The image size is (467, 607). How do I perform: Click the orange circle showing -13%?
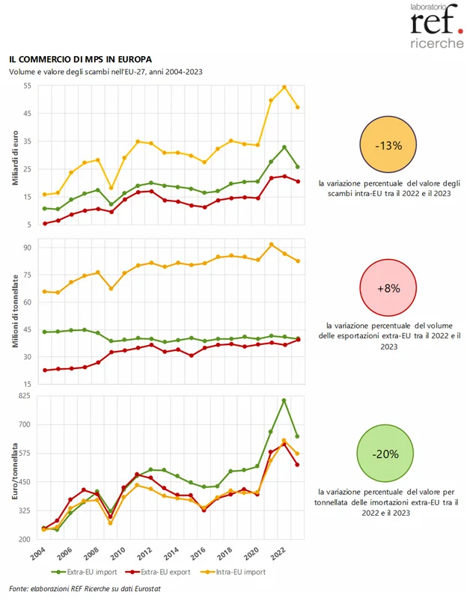point(388,144)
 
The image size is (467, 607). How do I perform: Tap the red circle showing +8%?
point(388,287)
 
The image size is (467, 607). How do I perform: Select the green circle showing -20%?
point(385,453)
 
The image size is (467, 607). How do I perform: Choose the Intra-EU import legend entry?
point(233,572)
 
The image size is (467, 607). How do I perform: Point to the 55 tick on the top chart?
point(27,85)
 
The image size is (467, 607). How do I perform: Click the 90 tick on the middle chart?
point(27,248)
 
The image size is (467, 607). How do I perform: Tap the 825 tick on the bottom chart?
point(25,396)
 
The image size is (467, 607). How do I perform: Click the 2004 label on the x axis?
point(38,554)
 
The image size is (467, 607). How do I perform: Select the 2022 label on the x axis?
point(278,554)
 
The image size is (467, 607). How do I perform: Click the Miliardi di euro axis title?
point(16,158)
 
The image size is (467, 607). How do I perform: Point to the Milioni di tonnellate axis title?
point(16,311)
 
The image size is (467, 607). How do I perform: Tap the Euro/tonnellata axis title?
point(15,471)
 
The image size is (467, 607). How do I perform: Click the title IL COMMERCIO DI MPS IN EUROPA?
point(81,59)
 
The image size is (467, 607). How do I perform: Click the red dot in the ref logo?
point(460,31)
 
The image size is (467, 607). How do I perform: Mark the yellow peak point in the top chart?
point(284,87)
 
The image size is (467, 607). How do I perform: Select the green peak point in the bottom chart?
point(284,400)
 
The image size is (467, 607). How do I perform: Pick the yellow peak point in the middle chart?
point(271,245)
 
